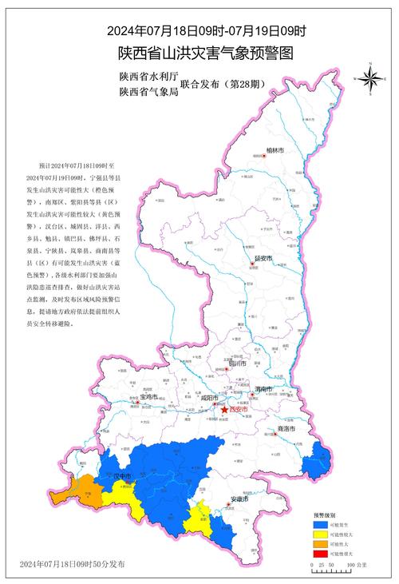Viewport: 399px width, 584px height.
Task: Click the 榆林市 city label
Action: coord(275,149)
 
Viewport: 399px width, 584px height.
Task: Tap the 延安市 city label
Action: coord(263,259)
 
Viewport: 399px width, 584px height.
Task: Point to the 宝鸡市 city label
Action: coord(151,397)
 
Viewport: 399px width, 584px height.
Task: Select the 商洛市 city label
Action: coord(286,429)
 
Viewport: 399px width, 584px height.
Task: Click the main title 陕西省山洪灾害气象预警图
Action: coord(207,54)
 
